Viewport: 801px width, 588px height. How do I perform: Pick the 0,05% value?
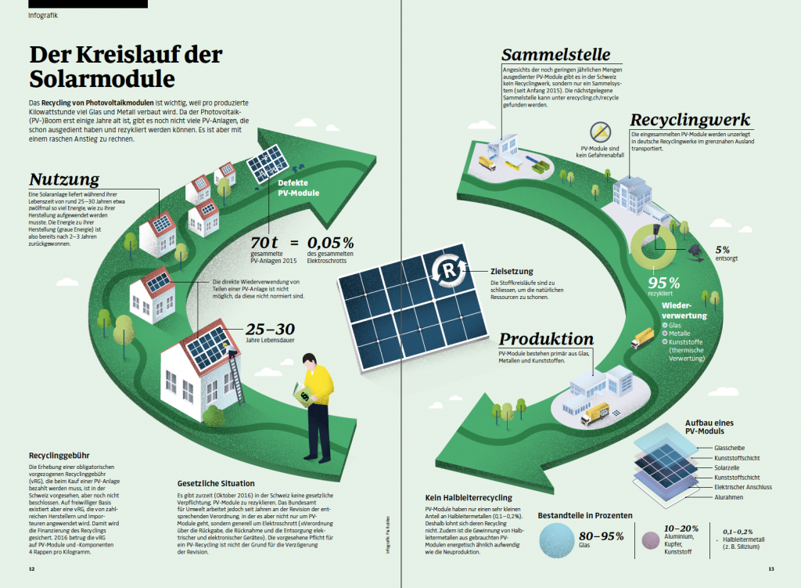(331, 241)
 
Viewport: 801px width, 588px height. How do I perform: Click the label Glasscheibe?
(729, 447)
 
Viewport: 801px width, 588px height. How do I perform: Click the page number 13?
(770, 569)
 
